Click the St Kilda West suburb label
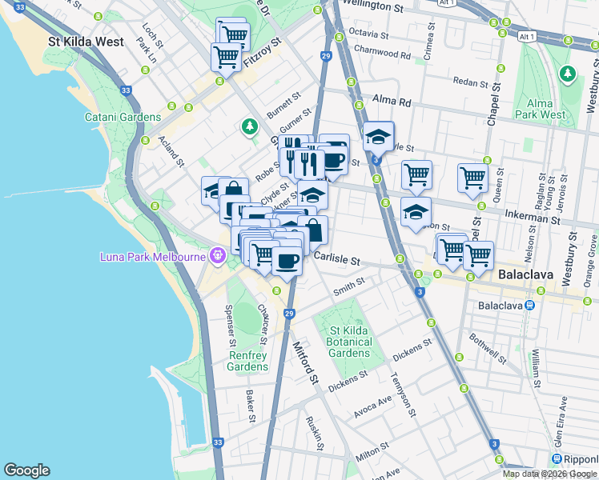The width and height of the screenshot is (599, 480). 86,42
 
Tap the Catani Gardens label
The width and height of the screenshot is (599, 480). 123,117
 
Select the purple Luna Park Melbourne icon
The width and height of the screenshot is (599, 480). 216,256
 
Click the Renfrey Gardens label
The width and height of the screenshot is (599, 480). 247,361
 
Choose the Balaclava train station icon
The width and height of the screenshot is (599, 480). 529,306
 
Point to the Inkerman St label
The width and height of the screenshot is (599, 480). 531,217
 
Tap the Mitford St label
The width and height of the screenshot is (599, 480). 306,362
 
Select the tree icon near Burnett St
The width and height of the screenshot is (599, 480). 250,126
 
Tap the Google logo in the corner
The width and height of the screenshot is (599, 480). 26,470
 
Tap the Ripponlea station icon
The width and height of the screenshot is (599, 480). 557,458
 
